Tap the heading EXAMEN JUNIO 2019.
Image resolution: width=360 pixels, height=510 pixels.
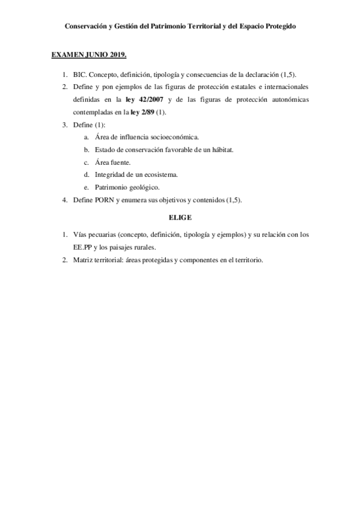[89, 55]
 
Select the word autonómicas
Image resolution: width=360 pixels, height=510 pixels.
[286, 99]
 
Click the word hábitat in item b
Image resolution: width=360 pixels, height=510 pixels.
[221, 150]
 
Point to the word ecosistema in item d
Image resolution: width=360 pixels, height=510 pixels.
[159, 174]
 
